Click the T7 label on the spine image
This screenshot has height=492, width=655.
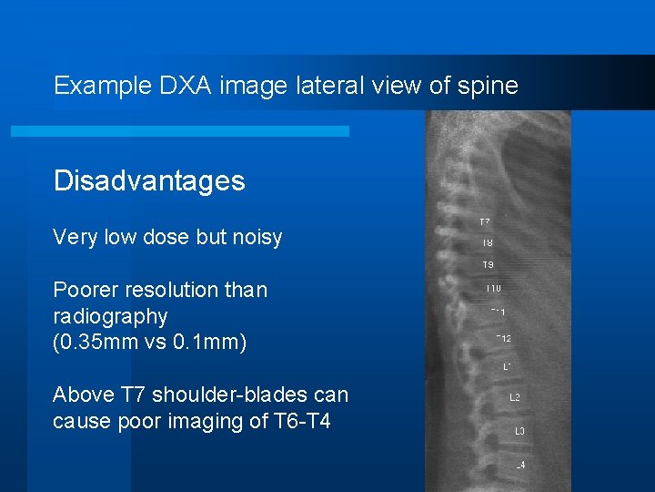coord(485,221)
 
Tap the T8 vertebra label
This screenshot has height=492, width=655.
coord(488,242)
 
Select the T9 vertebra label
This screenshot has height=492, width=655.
coord(489,265)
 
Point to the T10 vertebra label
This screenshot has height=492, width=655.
coord(493,288)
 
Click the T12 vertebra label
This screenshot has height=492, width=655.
coord(503,339)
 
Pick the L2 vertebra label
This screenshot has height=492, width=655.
coord(515,397)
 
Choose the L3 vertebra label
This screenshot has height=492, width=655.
coord(519,431)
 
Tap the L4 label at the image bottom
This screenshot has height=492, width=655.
coord(519,466)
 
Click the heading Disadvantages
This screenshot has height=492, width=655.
coord(149,180)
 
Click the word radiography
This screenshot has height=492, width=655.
coord(110,317)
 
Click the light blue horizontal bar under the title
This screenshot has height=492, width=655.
coord(179,131)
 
